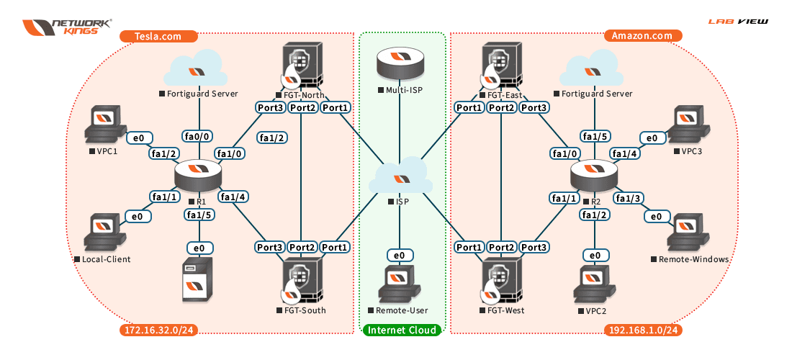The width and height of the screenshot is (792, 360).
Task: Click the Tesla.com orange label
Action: (158, 36)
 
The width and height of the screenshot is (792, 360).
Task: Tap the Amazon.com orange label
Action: (642, 36)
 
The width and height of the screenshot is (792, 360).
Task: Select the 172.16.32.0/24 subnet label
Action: (158, 330)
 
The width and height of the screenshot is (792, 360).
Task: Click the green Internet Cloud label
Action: (402, 330)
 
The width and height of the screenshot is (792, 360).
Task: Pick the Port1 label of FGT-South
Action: (335, 248)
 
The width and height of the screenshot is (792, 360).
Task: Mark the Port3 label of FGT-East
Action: (536, 107)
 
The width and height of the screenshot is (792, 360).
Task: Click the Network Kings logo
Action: (67, 27)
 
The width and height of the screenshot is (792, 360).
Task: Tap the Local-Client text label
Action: (102, 259)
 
